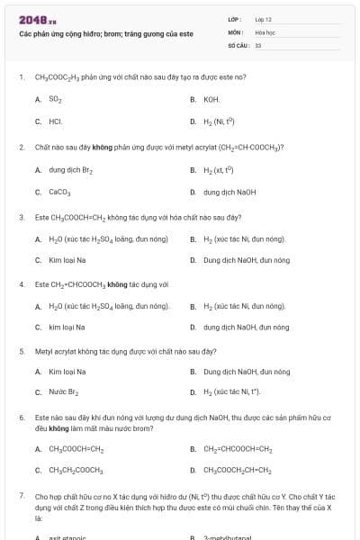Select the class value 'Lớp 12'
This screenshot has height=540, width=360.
click(264, 19)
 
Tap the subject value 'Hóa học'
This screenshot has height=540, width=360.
click(265, 31)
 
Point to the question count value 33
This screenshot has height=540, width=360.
click(258, 44)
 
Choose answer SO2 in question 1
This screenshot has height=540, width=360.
click(55, 98)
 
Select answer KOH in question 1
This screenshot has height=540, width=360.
click(211, 98)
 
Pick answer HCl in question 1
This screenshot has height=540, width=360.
click(55, 120)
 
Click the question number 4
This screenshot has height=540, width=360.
click(21, 284)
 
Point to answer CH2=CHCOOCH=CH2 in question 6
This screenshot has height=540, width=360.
click(238, 448)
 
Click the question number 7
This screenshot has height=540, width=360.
click(21, 495)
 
